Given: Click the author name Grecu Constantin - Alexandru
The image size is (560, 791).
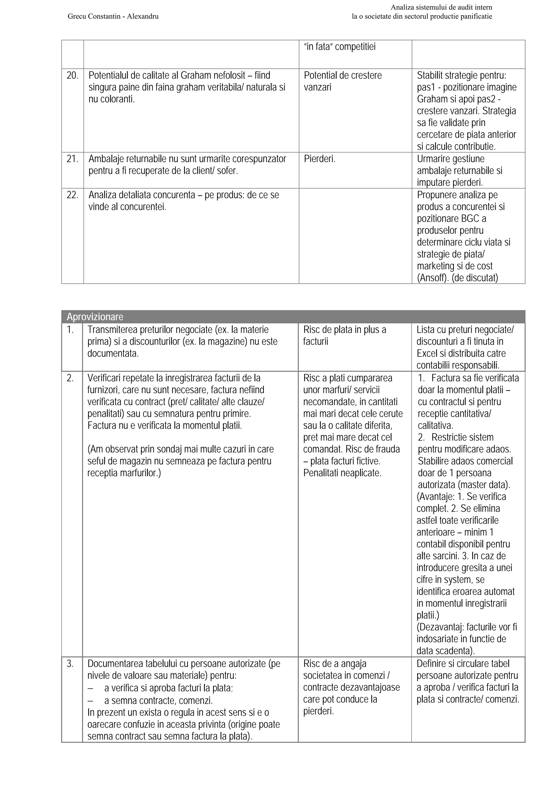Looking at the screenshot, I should pyautogui.click(x=113, y=16).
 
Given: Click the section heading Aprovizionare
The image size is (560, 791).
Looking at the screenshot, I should pyautogui.click(x=95, y=317).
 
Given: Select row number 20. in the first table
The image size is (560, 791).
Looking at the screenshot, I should pyautogui.click(x=72, y=75).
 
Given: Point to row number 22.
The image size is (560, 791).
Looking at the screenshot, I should pyautogui.click(x=72, y=195).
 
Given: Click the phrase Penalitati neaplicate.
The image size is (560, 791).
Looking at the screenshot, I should pyautogui.click(x=342, y=473).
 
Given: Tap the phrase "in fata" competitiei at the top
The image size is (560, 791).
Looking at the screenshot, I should pyautogui.click(x=339, y=47).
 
